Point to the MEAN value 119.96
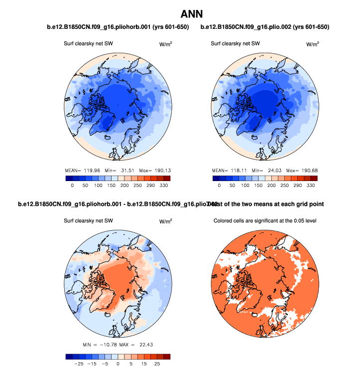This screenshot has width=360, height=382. click(x=89, y=169)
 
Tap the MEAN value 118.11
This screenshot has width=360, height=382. click(x=237, y=170)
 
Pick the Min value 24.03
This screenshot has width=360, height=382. click(x=271, y=170)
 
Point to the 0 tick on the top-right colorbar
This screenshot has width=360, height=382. click(x=219, y=186)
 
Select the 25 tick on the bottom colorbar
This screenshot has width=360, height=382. click(x=157, y=364)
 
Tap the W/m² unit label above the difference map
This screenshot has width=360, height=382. click(x=165, y=221)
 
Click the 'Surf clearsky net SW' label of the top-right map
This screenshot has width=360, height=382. click(x=236, y=44)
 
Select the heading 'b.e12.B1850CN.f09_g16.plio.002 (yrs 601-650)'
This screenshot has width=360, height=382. click(x=265, y=26)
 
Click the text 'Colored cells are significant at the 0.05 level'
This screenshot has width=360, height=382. click(x=265, y=220)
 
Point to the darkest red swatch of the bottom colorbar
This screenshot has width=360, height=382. click(x=167, y=356)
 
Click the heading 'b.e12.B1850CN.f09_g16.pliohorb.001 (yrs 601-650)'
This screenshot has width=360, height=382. click(x=118, y=26)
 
